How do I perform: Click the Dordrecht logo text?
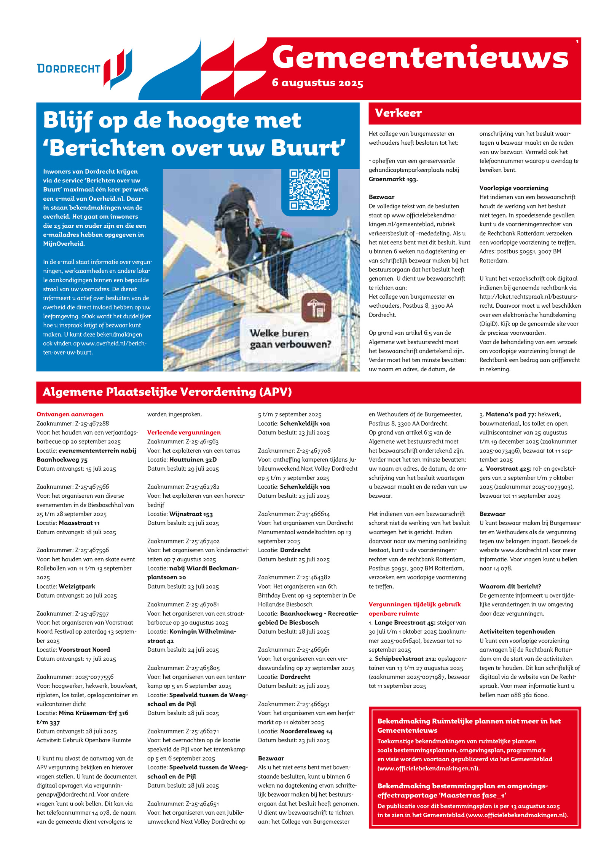pyautogui.click(x=69, y=69)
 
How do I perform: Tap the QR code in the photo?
pyautogui.click(x=309, y=190)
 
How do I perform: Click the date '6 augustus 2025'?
pyautogui.click(x=317, y=83)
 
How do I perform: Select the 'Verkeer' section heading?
pyautogui.click(x=398, y=113)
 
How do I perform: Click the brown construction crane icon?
pyautogui.click(x=316, y=308)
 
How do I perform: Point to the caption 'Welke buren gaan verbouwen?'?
pyautogui.click(x=290, y=339)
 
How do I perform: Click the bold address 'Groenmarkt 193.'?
pyautogui.click(x=393, y=179)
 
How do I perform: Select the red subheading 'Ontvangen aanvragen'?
pyautogui.click(x=70, y=414)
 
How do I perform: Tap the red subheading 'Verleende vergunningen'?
pyautogui.click(x=184, y=432)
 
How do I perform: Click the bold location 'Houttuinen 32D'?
pyautogui.click(x=193, y=460)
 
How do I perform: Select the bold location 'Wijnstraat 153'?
pyautogui.click(x=191, y=514)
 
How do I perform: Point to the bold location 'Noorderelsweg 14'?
pyautogui.click(x=306, y=731)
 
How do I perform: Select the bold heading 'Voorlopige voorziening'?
pyautogui.click(x=513, y=188)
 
